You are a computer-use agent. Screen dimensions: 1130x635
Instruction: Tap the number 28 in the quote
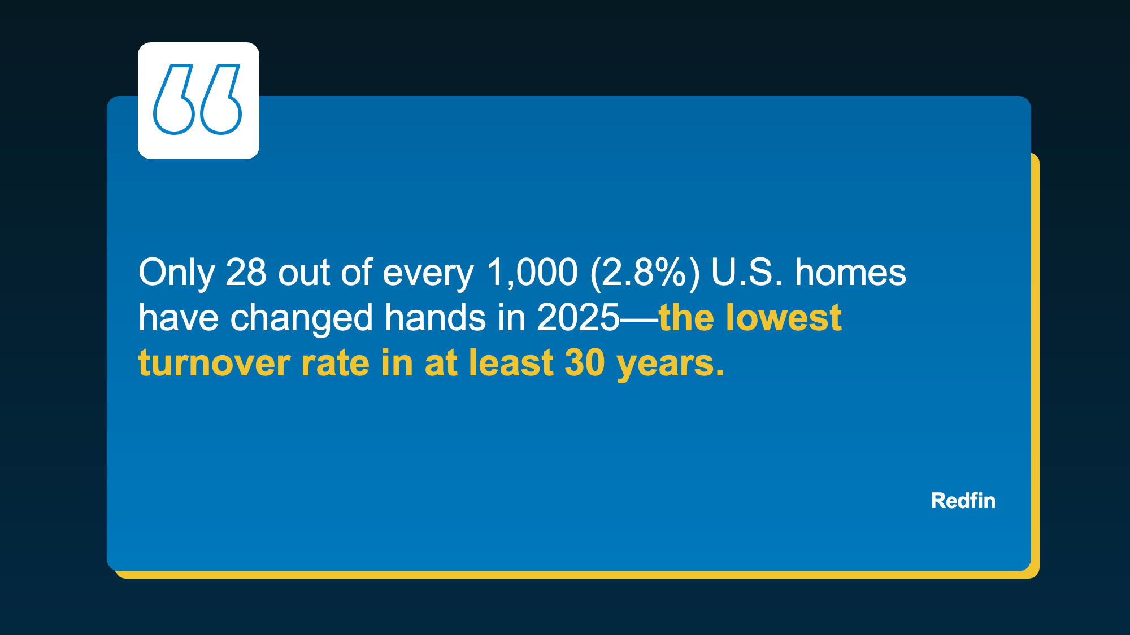tap(246, 272)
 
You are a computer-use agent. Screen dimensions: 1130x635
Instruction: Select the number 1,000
tap(532, 273)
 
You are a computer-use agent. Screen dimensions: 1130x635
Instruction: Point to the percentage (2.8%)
tap(645, 273)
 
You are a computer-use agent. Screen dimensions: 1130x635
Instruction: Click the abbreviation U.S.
tap(747, 272)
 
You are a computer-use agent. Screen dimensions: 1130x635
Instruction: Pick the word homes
tap(850, 272)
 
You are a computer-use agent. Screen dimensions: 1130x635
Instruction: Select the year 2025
tap(578, 318)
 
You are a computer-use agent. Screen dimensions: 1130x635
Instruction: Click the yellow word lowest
tap(784, 317)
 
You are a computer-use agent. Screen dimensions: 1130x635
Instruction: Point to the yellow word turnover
tap(214, 363)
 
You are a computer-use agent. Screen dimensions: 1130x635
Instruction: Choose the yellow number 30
tap(585, 363)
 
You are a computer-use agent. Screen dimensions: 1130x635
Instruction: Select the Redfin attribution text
tap(963, 501)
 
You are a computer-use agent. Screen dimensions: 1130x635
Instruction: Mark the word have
tap(178, 317)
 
